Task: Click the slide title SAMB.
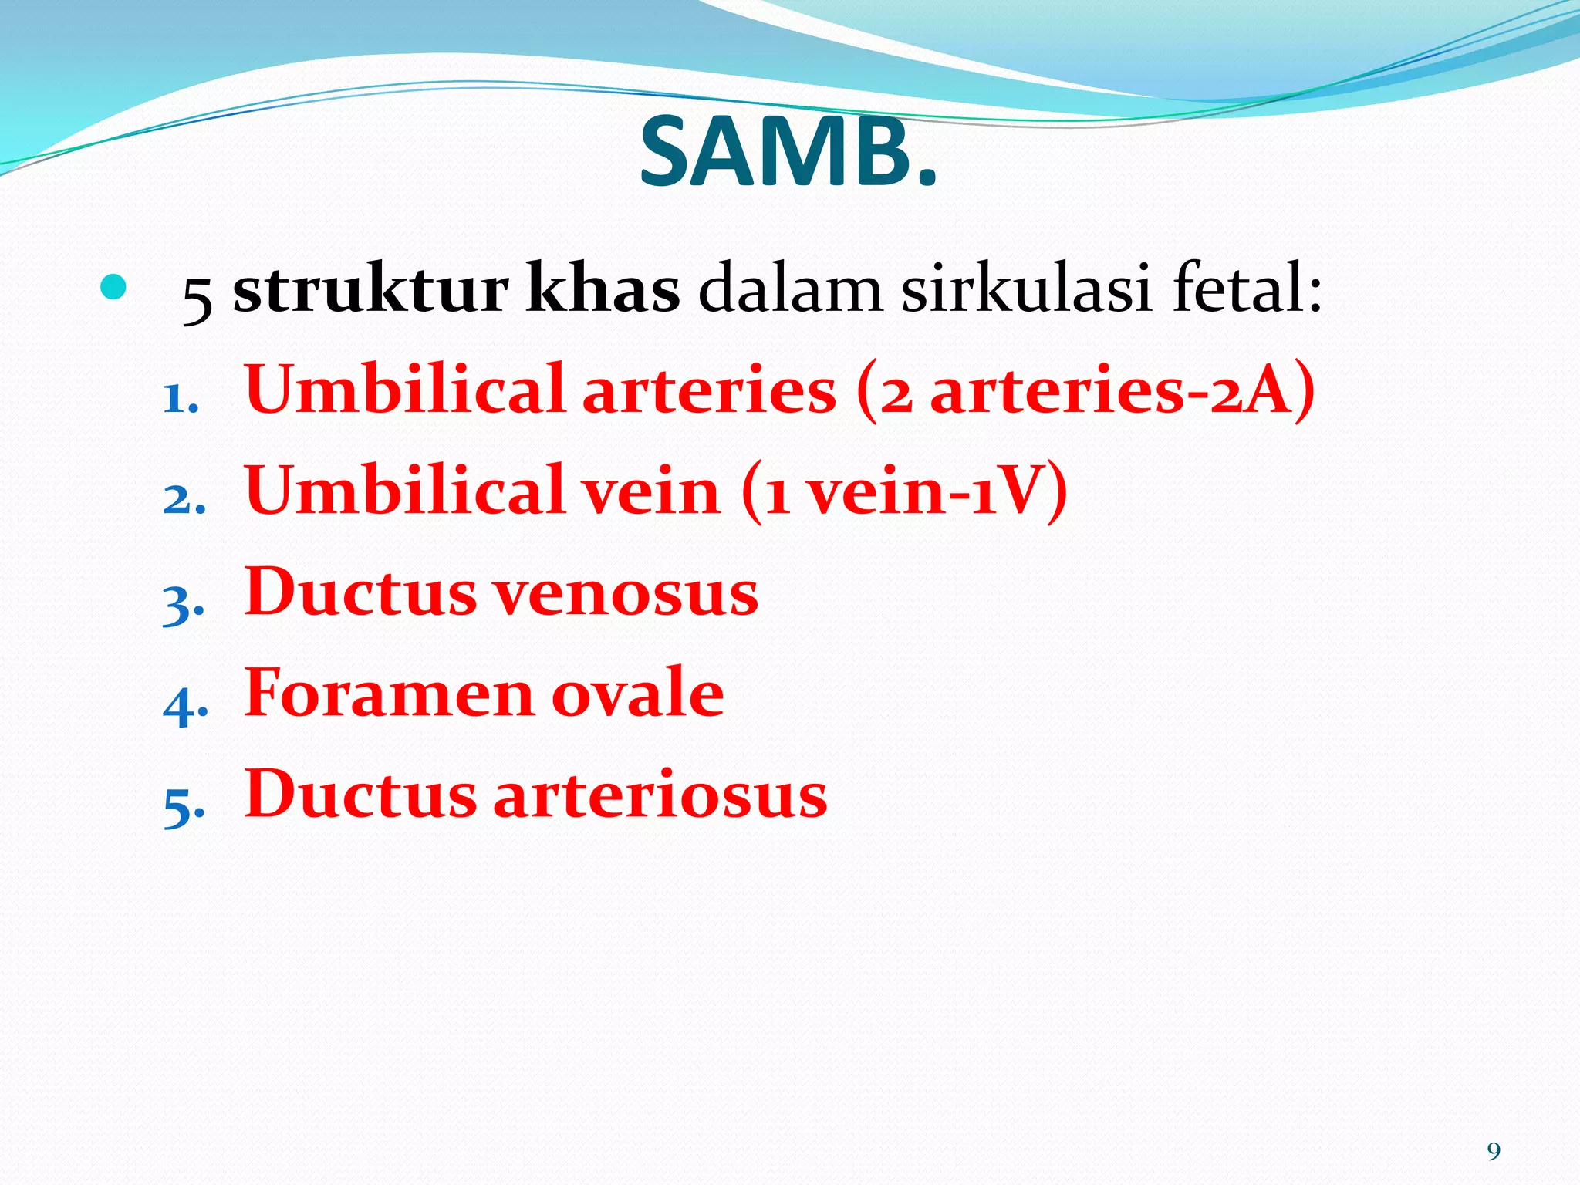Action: coord(788,153)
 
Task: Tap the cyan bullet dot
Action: coord(113,287)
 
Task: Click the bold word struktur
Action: coord(370,290)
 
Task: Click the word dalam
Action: coord(790,290)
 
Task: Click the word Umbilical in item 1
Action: coord(405,390)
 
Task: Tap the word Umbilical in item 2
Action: coord(405,491)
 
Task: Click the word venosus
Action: coord(626,592)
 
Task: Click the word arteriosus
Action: coord(660,795)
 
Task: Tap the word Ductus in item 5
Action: coord(360,795)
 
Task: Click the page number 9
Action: coord(1494,1152)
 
